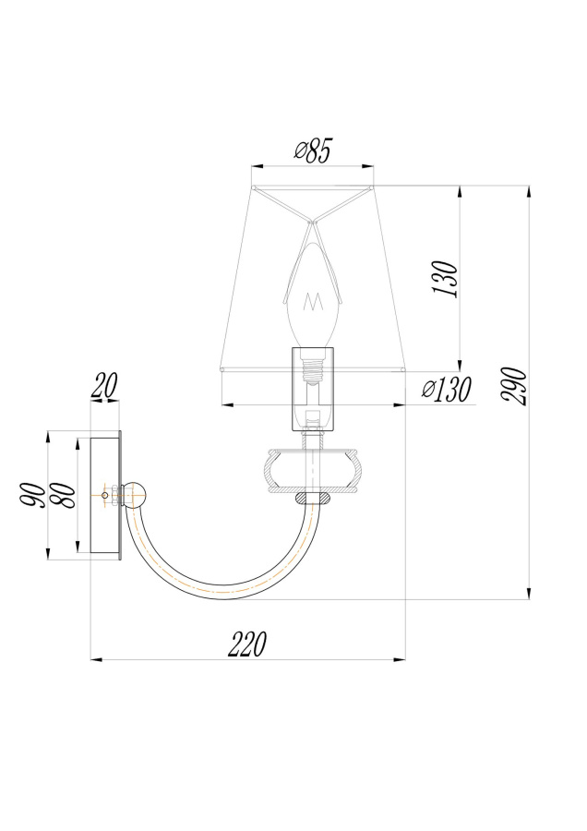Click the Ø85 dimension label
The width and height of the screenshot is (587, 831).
(312, 151)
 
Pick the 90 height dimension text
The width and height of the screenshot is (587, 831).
(33, 495)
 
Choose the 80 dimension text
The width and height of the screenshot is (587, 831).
(63, 495)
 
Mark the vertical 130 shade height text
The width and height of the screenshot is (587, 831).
(447, 279)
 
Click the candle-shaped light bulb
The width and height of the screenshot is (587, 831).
(313, 295)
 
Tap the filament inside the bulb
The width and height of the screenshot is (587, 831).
(313, 303)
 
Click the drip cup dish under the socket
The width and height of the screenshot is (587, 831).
(313, 471)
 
